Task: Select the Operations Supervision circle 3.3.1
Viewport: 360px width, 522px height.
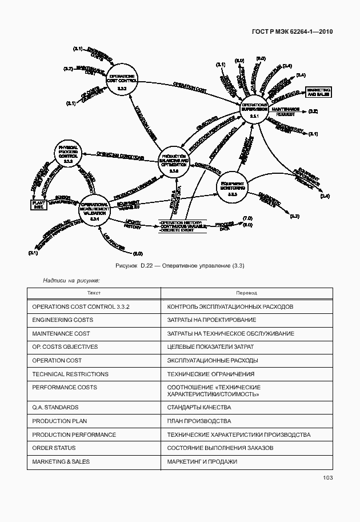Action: [254, 110]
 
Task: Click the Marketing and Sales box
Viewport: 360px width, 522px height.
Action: [318, 92]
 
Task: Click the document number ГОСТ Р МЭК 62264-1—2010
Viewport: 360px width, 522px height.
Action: [291, 31]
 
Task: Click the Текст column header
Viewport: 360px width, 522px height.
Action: [94, 293]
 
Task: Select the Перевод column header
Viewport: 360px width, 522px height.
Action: [246, 293]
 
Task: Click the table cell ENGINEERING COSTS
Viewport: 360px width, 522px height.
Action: [63, 320]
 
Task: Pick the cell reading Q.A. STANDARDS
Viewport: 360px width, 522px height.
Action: [55, 408]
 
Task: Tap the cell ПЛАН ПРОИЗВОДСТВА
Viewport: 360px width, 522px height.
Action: [199, 421]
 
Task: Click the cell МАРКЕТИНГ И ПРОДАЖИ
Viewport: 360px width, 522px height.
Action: [202, 461]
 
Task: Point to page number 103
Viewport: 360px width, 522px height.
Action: [327, 478]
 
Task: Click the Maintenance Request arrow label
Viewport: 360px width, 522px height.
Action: [285, 111]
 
